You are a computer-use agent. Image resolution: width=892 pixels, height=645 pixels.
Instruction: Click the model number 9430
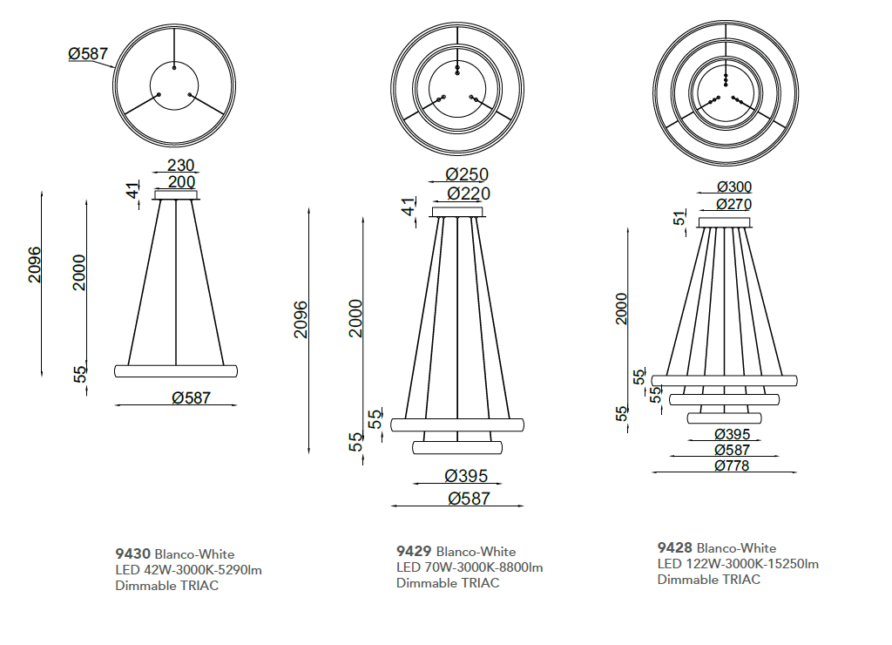[x=132, y=553]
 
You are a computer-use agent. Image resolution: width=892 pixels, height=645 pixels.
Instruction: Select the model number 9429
[x=414, y=551]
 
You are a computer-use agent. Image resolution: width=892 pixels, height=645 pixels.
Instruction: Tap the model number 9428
[x=675, y=547]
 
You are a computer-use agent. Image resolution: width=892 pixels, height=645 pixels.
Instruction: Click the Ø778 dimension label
[x=732, y=465]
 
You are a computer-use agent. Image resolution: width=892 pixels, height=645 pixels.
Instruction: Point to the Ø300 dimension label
[x=734, y=187]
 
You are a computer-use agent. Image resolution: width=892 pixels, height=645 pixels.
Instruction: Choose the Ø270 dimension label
[x=734, y=204]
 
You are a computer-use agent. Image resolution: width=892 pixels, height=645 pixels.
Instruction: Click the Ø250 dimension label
[x=467, y=174]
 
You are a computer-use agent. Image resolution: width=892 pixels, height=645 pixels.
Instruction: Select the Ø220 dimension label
[x=469, y=193]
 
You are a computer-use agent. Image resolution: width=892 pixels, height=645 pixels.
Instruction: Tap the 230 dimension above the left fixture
[x=181, y=165]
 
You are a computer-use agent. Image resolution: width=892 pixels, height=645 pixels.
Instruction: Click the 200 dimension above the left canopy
[x=181, y=182]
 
